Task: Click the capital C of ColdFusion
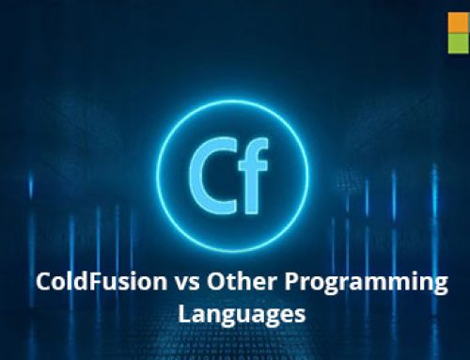[x=43, y=281]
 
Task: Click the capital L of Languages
[x=184, y=314]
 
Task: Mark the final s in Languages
[x=300, y=317]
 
